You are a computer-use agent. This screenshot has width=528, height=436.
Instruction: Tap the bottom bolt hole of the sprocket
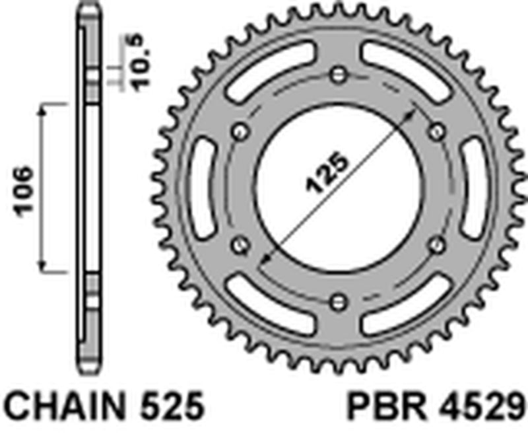point(338,302)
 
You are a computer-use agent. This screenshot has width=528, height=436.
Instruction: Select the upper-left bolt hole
point(239,130)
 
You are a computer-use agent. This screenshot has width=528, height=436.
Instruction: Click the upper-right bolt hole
point(437,130)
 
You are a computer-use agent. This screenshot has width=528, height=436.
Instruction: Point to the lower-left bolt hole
point(239,245)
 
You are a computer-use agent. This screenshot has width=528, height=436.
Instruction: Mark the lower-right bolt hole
point(436,245)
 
